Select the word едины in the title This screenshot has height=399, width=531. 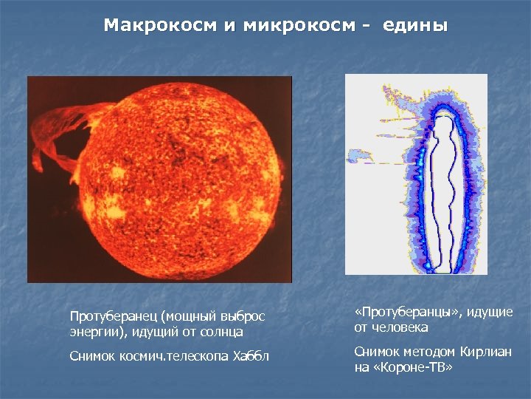[414, 26]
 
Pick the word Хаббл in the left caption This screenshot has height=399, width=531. [251, 356]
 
